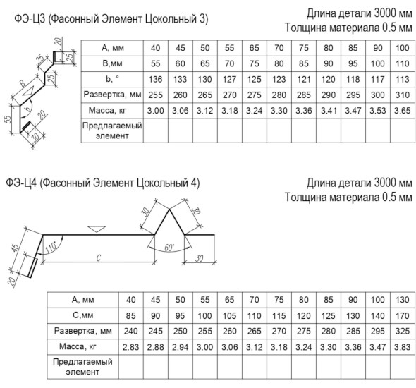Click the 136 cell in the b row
point(155,79)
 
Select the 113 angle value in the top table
point(402,79)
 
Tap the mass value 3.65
point(402,111)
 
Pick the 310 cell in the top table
point(402,95)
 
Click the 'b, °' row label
point(112,79)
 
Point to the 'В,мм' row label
point(112,63)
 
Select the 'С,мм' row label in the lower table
point(82,315)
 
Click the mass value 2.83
point(131,347)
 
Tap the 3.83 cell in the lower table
point(402,347)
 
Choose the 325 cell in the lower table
point(402,331)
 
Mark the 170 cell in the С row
point(402,315)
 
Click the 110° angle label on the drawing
point(50,248)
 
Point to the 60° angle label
point(169,248)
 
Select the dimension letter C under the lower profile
point(99,257)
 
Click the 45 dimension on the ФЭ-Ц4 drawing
point(15,248)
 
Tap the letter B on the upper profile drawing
point(23,84)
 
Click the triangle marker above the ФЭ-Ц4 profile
point(97,229)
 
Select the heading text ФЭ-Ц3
point(30,19)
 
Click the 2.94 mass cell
point(180,347)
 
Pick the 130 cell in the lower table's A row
point(402,300)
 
